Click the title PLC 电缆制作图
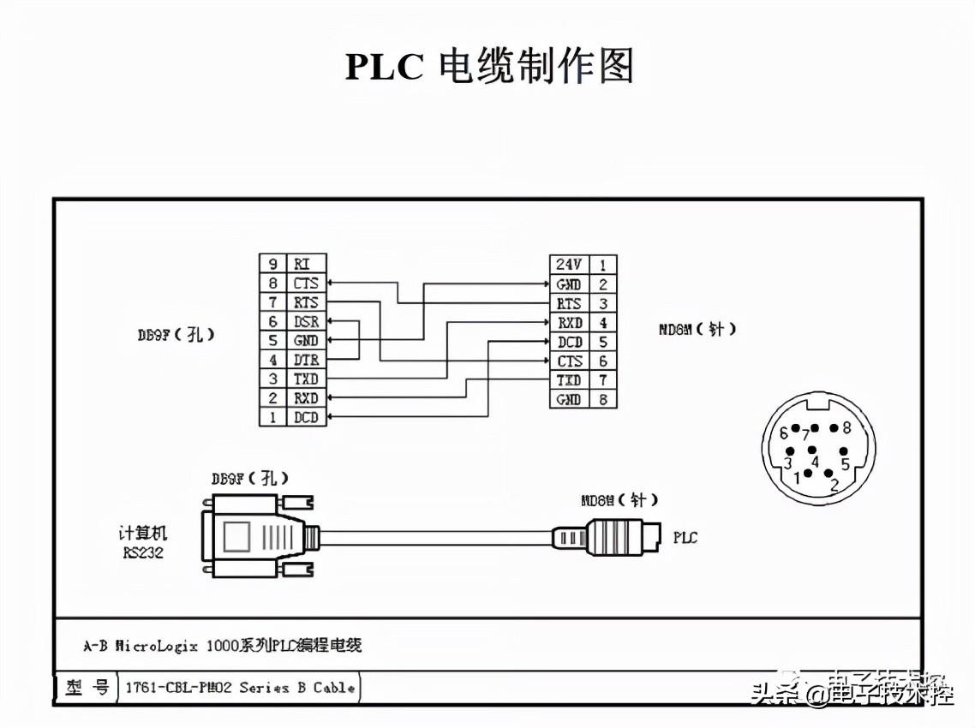coord(488,67)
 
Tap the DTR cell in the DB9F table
coord(306,360)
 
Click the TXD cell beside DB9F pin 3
coord(306,379)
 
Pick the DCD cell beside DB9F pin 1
coord(306,417)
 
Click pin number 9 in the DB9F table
coord(273,264)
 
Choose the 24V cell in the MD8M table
coord(569,265)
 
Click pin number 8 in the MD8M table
coord(603,399)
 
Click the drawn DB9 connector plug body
coord(253,538)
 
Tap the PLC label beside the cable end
coord(685,538)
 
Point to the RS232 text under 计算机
coord(142,552)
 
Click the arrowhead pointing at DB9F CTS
coord(332,283)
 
